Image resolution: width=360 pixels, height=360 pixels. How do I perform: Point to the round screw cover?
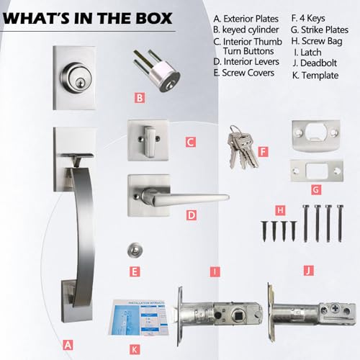[x=131, y=250]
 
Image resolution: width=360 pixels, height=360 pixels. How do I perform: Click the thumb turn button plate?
[x=147, y=138]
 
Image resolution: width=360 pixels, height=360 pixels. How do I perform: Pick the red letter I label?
[x=213, y=271]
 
